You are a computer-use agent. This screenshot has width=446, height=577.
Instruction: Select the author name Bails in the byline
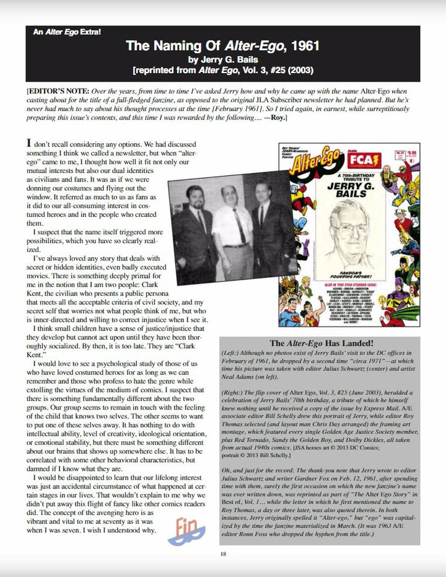[243, 59]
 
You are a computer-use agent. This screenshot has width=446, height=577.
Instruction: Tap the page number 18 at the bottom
[223, 553]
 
